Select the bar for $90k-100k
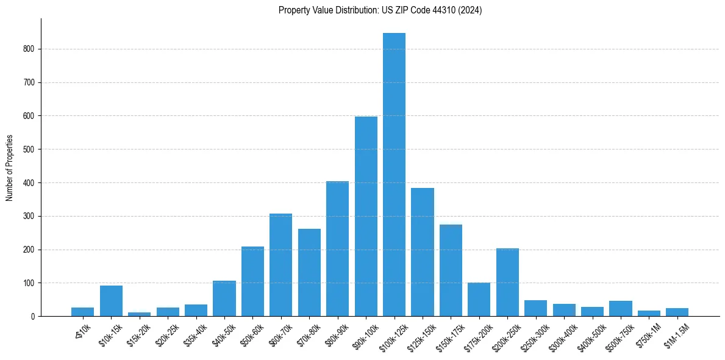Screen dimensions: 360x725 [x=366, y=217]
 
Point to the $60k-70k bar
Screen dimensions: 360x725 [x=280, y=265]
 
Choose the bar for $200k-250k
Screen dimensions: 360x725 [x=507, y=283]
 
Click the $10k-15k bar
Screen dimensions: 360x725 [x=111, y=301]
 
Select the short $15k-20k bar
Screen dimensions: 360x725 [x=139, y=314]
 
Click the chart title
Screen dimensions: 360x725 [x=380, y=10]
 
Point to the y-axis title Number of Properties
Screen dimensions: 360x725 [x=9, y=168]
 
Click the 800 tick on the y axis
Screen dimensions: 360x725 [x=30, y=49]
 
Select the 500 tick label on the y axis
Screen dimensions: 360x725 [x=30, y=149]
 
